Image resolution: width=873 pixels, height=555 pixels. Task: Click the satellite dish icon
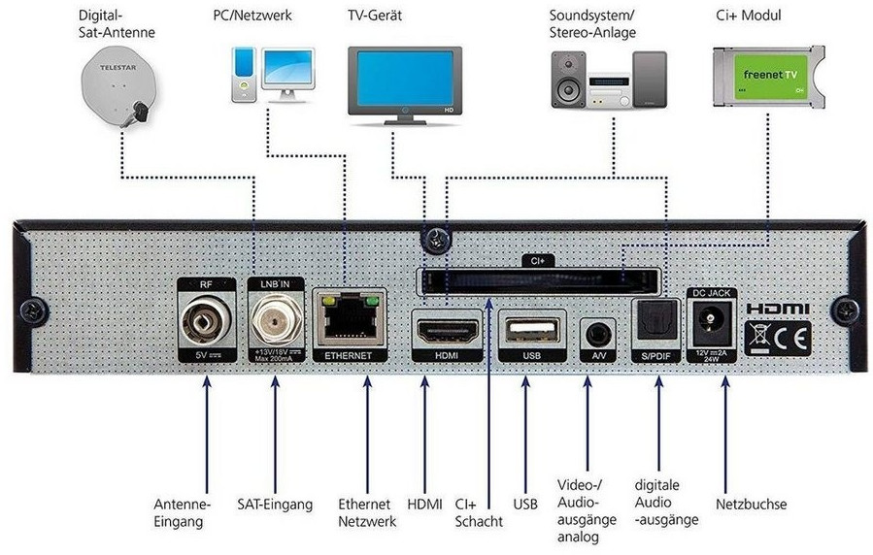click(x=120, y=85)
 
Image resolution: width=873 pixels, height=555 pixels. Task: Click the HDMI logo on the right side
click(x=777, y=309)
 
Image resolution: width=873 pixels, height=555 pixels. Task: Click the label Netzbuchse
click(x=751, y=505)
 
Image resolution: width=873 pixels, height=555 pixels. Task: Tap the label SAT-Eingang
click(x=275, y=505)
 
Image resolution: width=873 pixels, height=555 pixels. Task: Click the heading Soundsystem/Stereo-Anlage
click(x=592, y=24)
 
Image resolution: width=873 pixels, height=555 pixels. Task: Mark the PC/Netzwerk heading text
click(x=252, y=16)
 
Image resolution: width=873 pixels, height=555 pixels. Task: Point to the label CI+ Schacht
click(x=479, y=513)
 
